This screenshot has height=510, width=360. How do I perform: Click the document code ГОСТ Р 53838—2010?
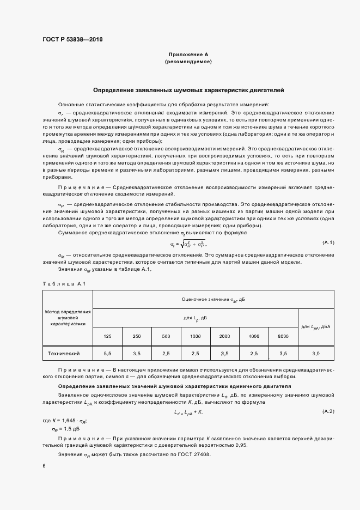72,39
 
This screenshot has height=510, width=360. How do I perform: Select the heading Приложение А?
188,54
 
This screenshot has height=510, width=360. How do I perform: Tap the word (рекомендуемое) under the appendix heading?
188,62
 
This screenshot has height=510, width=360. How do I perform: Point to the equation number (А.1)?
328,242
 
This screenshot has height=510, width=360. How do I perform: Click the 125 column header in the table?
107,336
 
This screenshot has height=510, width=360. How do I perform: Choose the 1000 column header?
195,336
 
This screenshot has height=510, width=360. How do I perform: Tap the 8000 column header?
283,336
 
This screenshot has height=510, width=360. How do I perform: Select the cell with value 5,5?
107,354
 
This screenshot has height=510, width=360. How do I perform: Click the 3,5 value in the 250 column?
137,354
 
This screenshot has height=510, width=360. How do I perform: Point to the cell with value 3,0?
316,354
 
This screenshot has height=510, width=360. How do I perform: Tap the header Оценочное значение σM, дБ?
213,299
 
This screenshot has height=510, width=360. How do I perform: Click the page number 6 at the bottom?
44,466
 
